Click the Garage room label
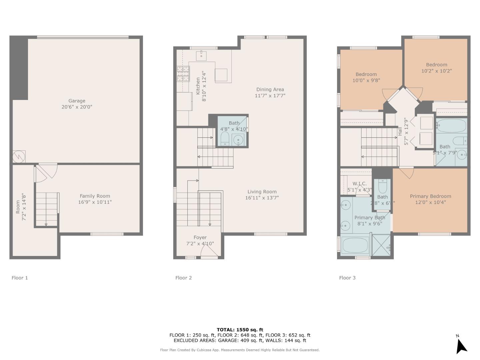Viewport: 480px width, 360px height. pos(77,101)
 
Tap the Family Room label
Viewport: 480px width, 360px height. pos(95,196)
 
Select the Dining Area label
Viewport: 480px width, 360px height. pos(270,90)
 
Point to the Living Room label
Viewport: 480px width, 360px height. pos(262,192)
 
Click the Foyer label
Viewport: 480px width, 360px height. pos(200,238)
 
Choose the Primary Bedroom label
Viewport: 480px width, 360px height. pos(430,196)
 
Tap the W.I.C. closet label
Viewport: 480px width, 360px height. pos(359,184)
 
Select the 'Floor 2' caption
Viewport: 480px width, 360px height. pos(183,278)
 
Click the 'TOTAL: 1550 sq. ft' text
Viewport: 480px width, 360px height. pos(240,330)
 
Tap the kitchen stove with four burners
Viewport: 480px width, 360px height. pos(183,74)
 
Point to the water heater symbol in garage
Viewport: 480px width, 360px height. pos(19,156)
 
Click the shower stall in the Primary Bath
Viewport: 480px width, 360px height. pos(381,245)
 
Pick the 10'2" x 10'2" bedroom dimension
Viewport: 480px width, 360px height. pos(436,71)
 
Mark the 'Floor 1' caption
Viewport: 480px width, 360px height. pos(20,278)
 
